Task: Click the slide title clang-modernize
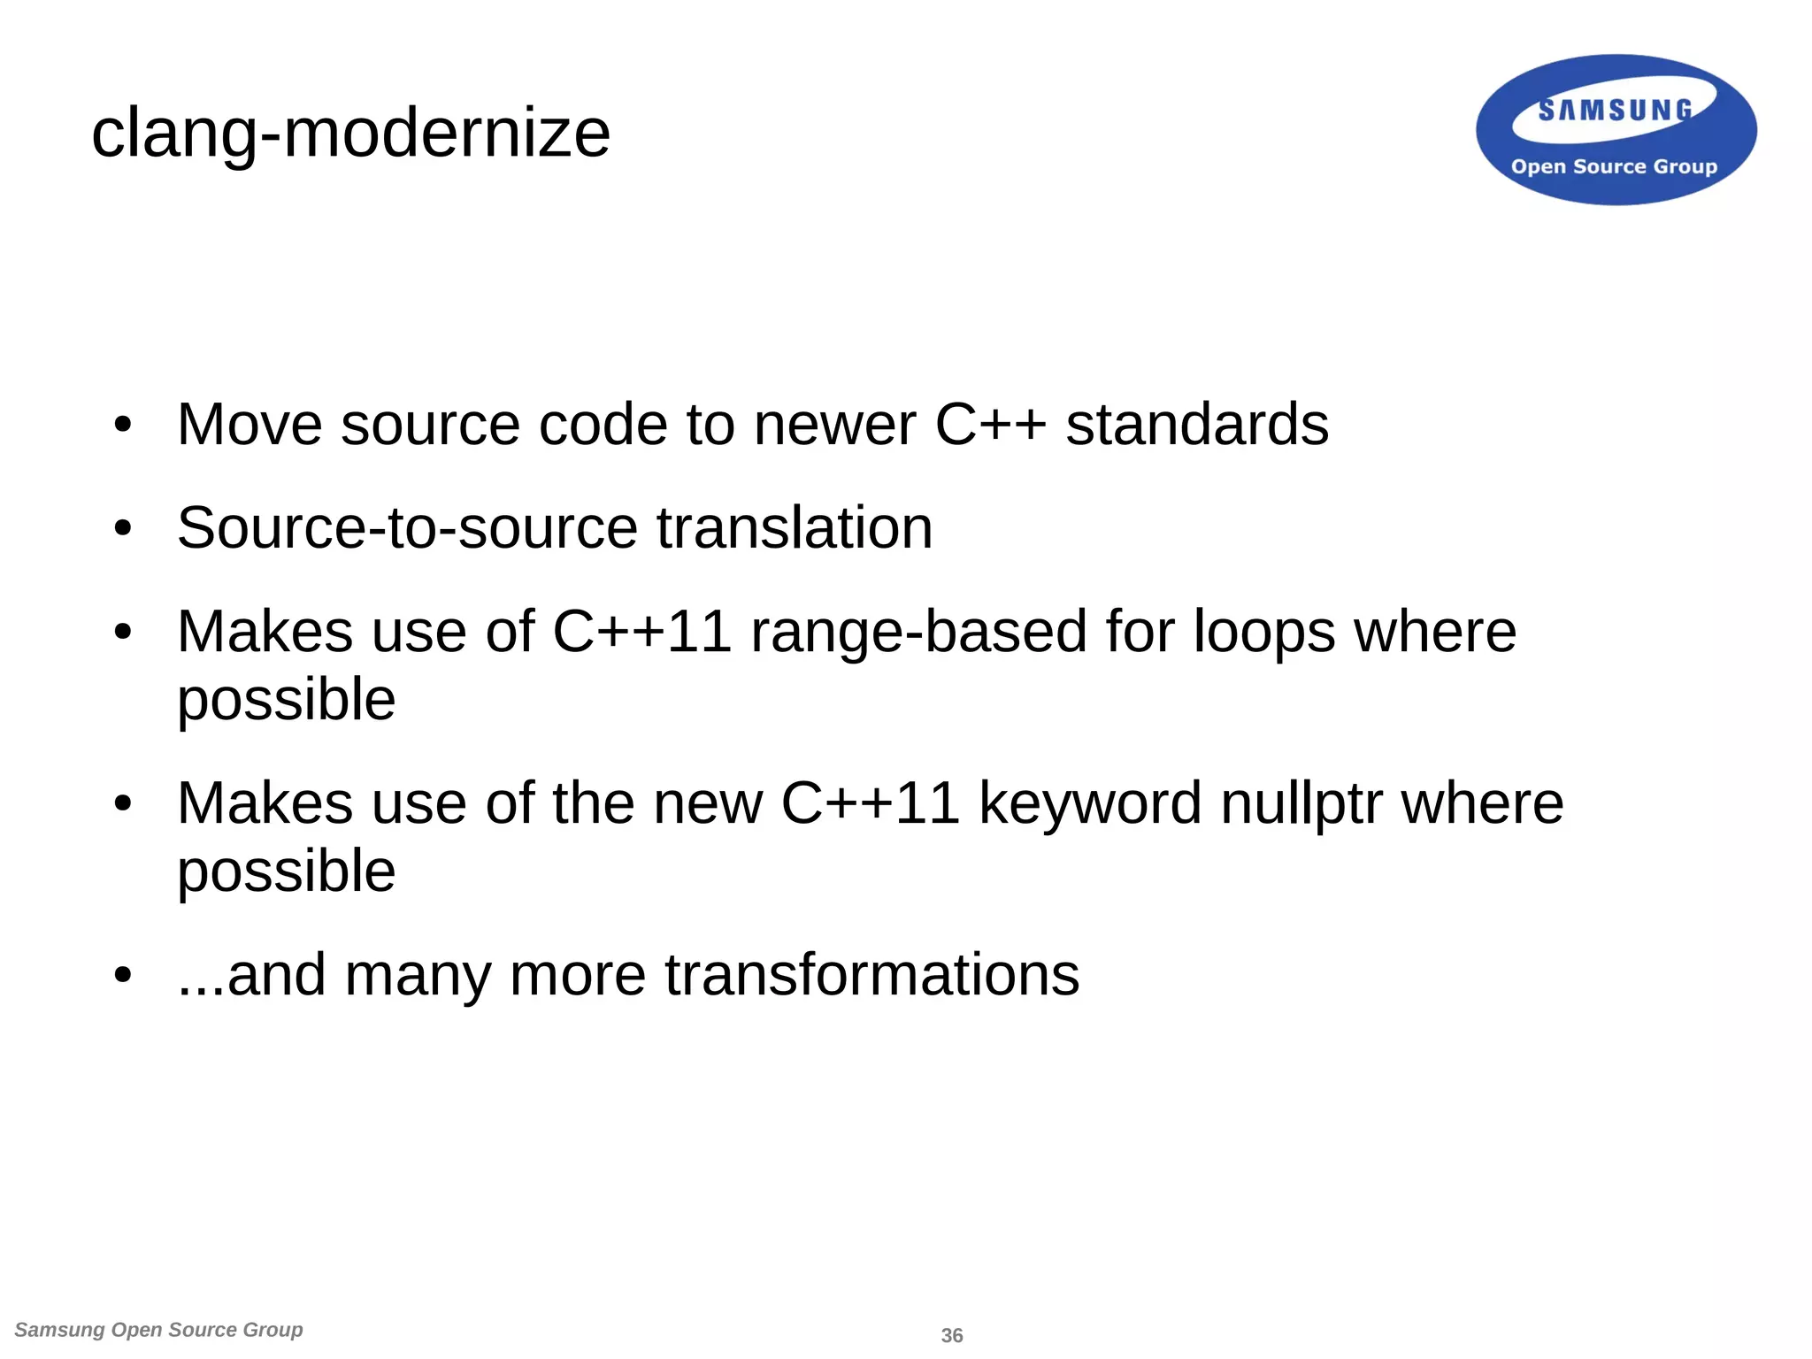tap(350, 134)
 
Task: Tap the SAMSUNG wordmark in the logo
tap(1615, 111)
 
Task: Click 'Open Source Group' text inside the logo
tap(1614, 166)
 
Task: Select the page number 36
tap(952, 1335)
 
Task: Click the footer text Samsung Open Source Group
tap(159, 1330)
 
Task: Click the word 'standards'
tap(1196, 425)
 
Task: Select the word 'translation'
tap(795, 528)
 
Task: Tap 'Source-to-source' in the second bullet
tap(407, 528)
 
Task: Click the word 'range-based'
tap(918, 632)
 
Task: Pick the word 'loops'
tap(1264, 632)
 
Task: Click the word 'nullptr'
tap(1301, 803)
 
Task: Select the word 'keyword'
tap(1090, 803)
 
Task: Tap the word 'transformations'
tap(871, 975)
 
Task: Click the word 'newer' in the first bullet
tap(834, 425)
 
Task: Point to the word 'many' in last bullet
tap(418, 975)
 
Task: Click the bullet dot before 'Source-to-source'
tap(123, 529)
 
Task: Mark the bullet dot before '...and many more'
tap(123, 976)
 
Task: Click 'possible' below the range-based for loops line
tap(286, 700)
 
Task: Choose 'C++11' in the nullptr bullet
tap(870, 803)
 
